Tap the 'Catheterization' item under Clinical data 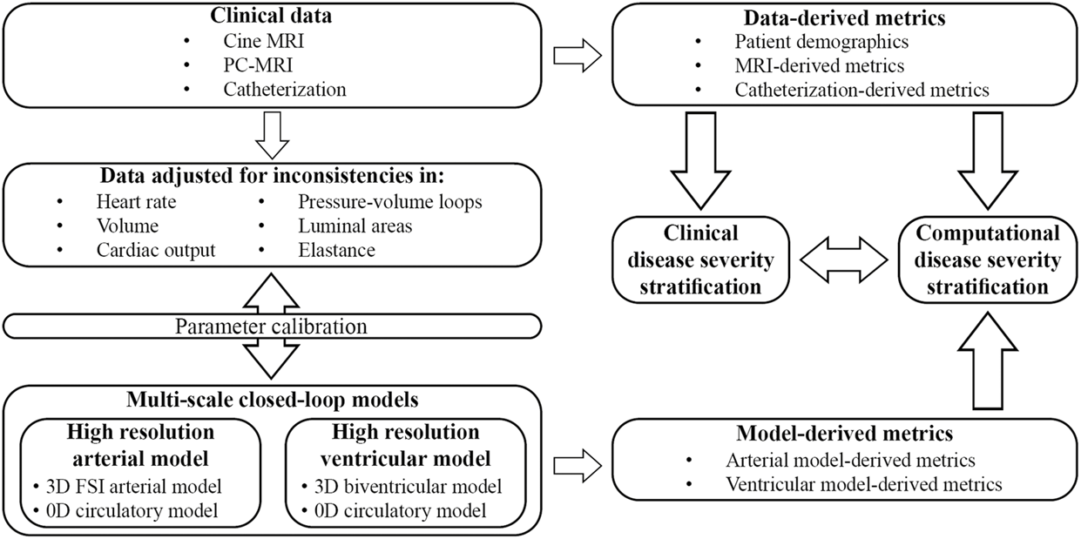pyautogui.click(x=285, y=89)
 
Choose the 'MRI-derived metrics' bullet pyautogui.click(x=819, y=66)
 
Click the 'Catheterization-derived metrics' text pyautogui.click(x=861, y=89)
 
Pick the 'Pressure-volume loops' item pyautogui.click(x=389, y=203)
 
